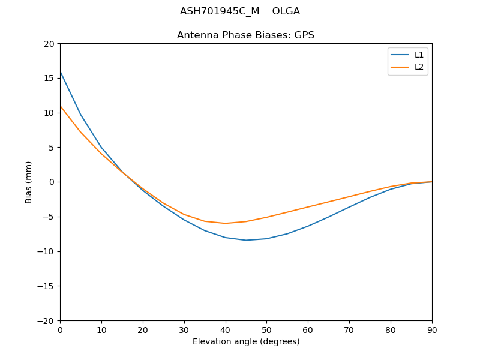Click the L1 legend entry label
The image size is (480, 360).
click(419, 55)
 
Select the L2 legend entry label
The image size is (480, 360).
click(419, 67)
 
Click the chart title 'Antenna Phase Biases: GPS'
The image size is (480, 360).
click(245, 35)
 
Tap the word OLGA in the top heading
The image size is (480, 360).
click(286, 11)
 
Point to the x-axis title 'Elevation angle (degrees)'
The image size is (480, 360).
click(245, 342)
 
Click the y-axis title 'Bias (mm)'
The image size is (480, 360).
click(29, 182)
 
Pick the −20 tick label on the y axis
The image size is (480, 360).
click(46, 320)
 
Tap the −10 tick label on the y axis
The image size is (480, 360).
click(46, 251)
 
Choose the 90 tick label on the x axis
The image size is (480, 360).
click(431, 329)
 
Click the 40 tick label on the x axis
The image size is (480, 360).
click(225, 329)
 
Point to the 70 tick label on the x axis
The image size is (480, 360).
click(349, 329)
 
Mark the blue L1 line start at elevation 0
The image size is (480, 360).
click(61, 71)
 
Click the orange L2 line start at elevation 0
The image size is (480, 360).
click(61, 106)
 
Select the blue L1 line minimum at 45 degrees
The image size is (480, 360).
click(246, 240)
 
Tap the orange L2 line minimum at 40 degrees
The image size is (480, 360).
click(225, 223)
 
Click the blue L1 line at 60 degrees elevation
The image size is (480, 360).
click(308, 226)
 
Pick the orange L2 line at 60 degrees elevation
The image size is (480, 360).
click(308, 207)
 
